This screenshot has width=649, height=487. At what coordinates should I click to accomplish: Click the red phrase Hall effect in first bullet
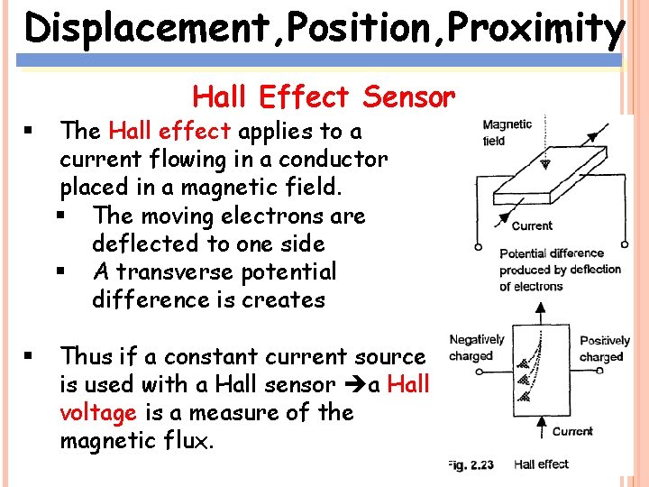tap(169, 132)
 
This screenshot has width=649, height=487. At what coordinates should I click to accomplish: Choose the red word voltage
tap(98, 413)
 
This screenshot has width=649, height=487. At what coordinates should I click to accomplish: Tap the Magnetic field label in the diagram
tap(507, 133)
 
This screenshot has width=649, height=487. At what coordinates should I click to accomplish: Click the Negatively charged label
tap(477, 347)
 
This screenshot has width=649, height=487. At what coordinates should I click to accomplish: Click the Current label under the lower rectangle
tap(571, 431)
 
